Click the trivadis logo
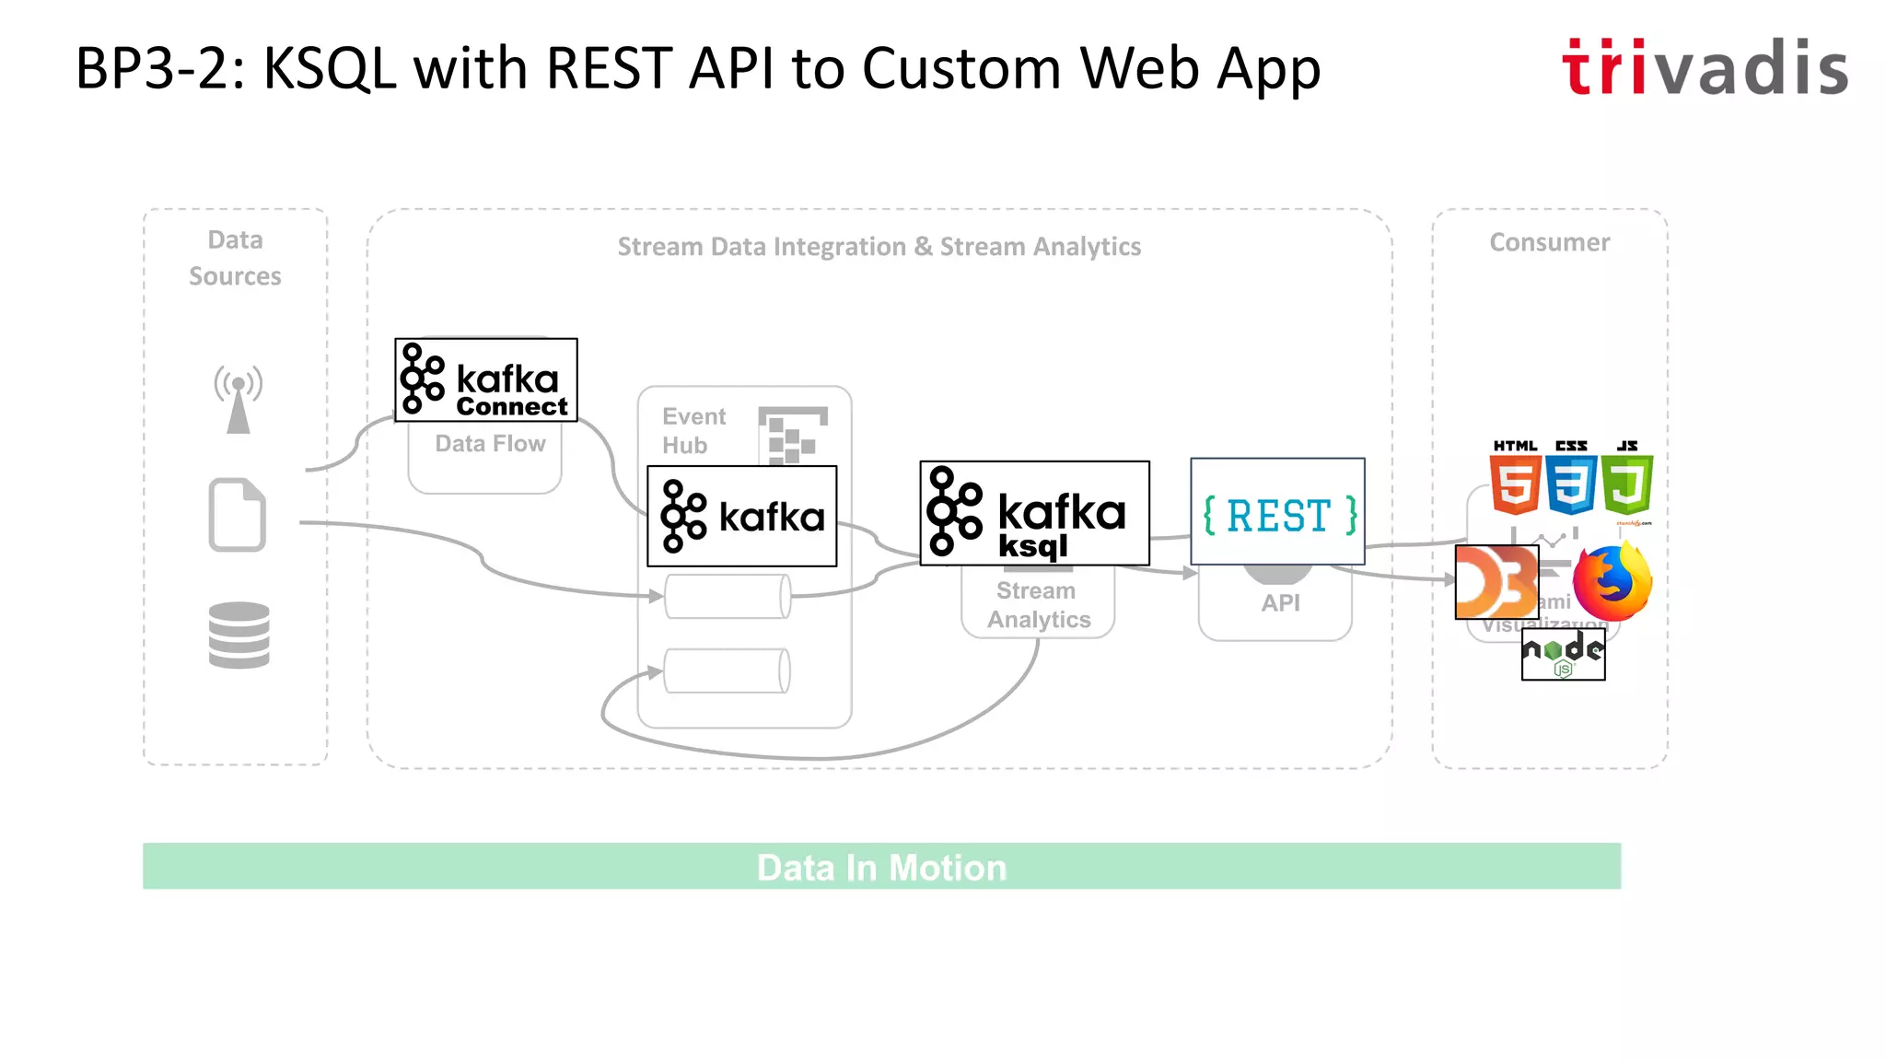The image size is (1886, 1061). click(1705, 67)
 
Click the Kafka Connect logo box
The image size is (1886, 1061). click(486, 380)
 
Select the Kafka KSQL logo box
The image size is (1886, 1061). click(1034, 513)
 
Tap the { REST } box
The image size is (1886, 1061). click(1277, 512)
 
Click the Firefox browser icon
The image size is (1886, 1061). click(1612, 582)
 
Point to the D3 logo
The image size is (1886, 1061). click(1496, 582)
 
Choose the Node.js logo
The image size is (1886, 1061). click(1563, 655)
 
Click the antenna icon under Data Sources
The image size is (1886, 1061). click(239, 399)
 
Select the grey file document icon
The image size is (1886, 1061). click(238, 515)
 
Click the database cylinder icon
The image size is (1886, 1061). click(239, 635)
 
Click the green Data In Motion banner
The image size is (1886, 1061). click(881, 867)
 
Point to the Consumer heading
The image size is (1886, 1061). click(1550, 242)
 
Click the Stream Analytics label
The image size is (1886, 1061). click(1038, 605)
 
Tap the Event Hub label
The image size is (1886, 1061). click(693, 430)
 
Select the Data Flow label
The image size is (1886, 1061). click(490, 444)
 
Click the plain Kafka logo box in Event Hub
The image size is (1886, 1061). click(742, 516)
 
